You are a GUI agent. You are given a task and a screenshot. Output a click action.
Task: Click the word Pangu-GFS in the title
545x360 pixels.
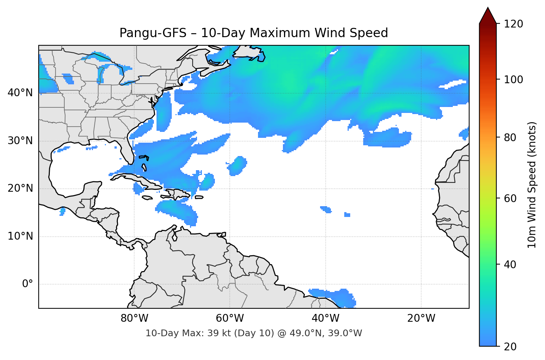pos(153,33)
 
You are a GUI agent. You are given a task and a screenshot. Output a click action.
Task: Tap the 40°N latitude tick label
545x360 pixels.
pos(20,93)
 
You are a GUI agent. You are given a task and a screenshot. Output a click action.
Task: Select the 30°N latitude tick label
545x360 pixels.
pos(20,141)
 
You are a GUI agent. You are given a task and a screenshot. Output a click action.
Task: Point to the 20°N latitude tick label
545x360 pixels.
pos(20,188)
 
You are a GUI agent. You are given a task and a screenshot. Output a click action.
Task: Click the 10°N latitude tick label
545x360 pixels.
pos(20,236)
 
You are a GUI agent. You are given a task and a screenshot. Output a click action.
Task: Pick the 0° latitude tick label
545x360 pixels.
pos(28,284)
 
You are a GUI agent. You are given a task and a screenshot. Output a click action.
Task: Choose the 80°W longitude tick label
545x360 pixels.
pos(134,318)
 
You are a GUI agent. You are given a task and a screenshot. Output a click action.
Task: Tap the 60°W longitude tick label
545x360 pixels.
pos(230,318)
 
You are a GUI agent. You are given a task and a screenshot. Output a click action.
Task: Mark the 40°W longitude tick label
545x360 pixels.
pos(325,318)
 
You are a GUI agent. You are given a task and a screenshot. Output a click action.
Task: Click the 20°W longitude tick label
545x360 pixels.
pos(421,318)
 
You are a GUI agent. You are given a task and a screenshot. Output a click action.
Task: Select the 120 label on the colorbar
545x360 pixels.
pos(513,24)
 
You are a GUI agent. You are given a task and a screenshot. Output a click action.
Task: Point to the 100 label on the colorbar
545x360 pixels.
pos(513,80)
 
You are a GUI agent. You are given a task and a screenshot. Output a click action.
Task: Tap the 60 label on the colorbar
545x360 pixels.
pos(510,198)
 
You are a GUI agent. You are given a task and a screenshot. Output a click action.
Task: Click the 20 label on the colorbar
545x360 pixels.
pos(510,347)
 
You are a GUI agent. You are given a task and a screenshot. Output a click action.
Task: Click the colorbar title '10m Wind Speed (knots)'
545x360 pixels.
pos(532,185)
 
